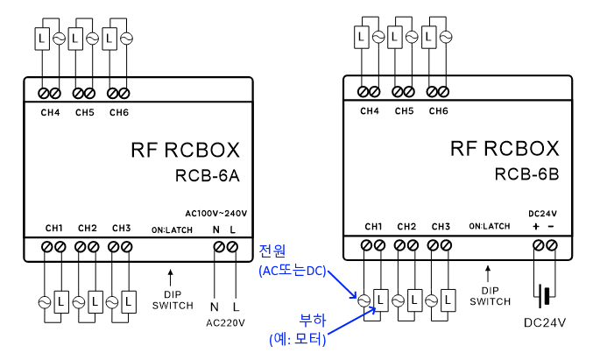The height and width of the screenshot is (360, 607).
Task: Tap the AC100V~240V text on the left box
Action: pos(216,213)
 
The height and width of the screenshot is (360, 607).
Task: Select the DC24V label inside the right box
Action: pos(542,213)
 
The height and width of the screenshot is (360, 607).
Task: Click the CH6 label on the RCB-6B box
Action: pos(438,111)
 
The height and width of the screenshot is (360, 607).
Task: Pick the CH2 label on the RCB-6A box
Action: pos(88,229)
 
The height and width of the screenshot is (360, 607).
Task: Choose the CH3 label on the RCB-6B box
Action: pos(440,226)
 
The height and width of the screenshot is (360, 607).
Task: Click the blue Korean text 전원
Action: pos(273,251)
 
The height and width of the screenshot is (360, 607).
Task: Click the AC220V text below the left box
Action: pos(225,323)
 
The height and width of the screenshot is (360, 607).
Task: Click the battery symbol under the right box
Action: pos(544,295)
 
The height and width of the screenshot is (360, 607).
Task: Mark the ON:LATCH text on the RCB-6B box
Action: pos(489,226)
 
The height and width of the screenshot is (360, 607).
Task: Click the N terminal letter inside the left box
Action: pos(216,229)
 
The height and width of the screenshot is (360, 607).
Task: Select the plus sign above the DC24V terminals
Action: pos(535,226)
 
